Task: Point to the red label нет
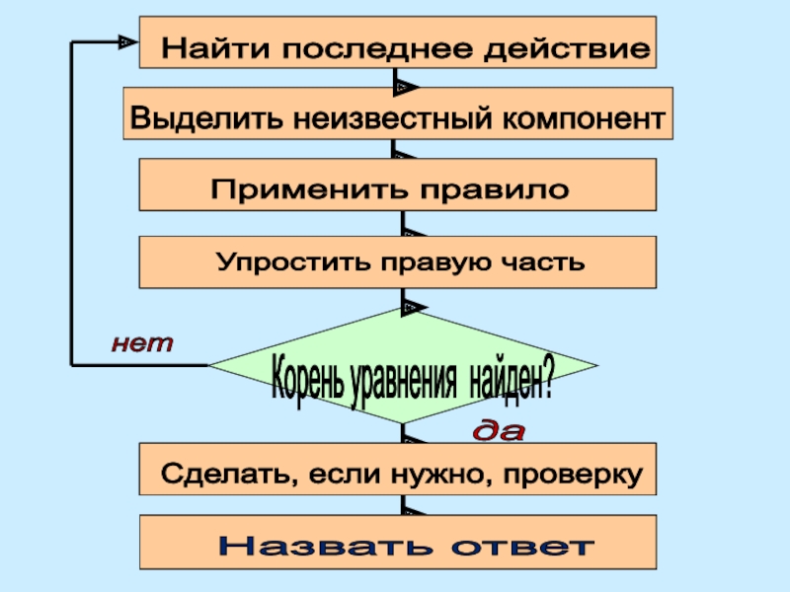[x=142, y=344]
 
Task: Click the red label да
[x=500, y=431]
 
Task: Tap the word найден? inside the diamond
[x=511, y=381]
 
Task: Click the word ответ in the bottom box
[x=523, y=545]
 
